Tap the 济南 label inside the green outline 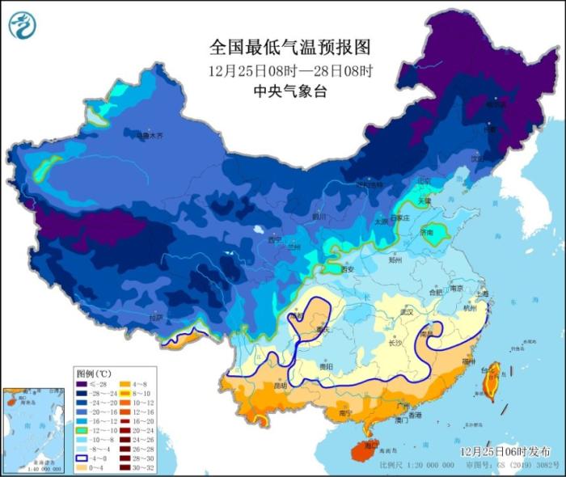tap(428, 232)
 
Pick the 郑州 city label tap(395, 260)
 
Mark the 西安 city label tap(348, 269)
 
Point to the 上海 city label tap(483, 295)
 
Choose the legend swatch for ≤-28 tap(83, 386)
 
